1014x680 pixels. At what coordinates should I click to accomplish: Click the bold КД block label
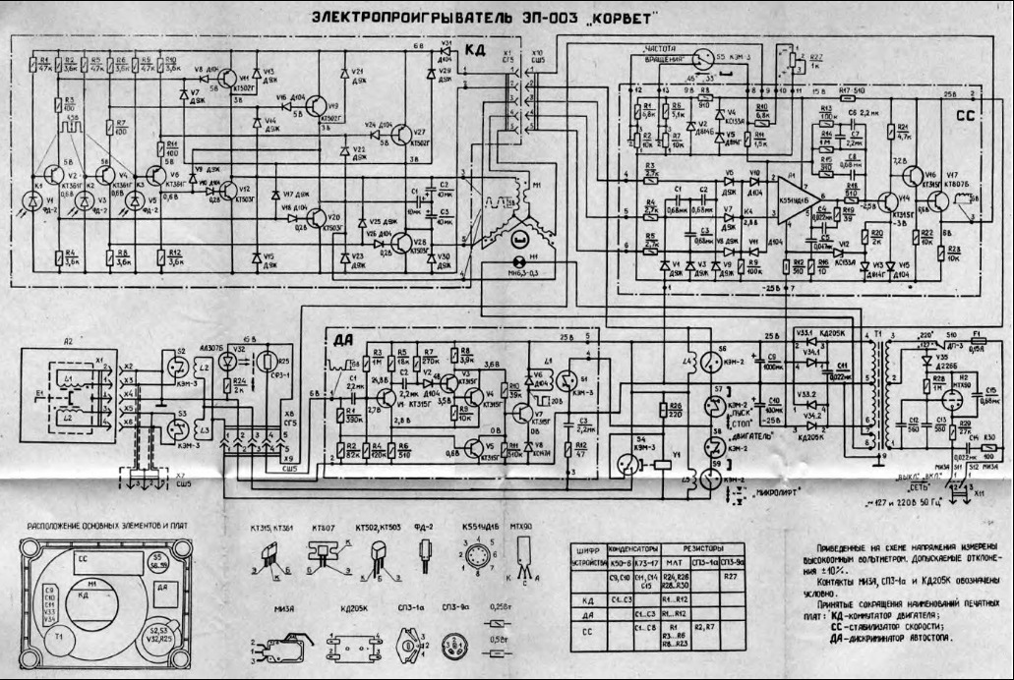click(475, 51)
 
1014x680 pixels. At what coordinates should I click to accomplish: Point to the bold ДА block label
click(344, 340)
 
